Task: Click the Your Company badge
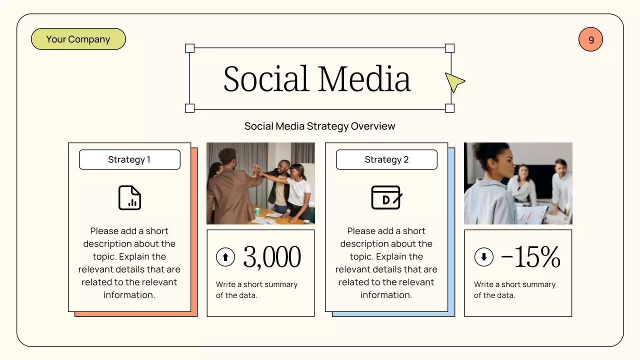(78, 39)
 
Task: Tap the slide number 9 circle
(590, 39)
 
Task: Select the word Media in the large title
(364, 79)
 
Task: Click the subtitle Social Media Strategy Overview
(319, 126)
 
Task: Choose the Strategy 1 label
(129, 160)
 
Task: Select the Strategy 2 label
(386, 160)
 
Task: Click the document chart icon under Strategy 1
(129, 197)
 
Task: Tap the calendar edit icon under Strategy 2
(386, 197)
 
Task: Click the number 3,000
(272, 257)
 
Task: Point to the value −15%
(530, 257)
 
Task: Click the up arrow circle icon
(225, 257)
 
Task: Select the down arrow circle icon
(483, 257)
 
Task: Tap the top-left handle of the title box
(189, 48)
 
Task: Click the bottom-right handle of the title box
(449, 108)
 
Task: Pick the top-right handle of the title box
(449, 48)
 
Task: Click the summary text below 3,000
(256, 289)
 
